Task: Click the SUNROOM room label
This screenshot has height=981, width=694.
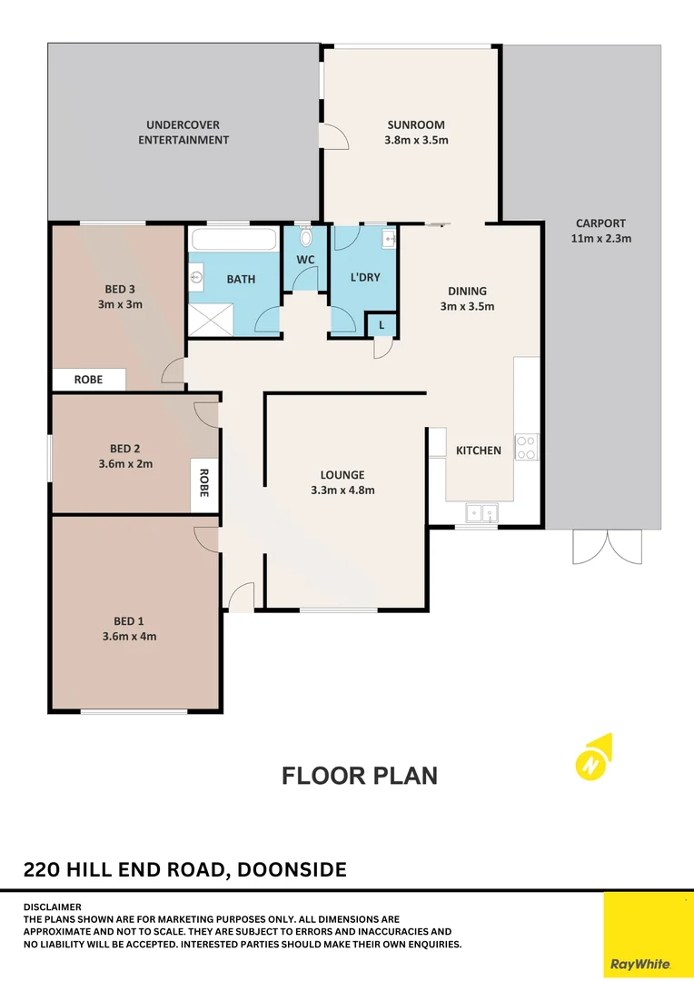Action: pyautogui.click(x=418, y=125)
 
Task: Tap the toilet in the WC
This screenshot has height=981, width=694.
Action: pyautogui.click(x=306, y=239)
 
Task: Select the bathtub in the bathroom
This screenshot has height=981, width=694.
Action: pyautogui.click(x=233, y=241)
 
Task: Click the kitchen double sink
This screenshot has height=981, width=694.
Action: pyautogui.click(x=480, y=513)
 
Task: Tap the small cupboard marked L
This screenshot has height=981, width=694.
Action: pyautogui.click(x=381, y=324)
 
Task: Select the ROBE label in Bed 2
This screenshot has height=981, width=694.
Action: pyautogui.click(x=204, y=483)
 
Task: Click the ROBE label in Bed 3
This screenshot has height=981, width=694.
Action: pyautogui.click(x=88, y=380)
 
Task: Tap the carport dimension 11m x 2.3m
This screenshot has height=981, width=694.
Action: pyautogui.click(x=600, y=238)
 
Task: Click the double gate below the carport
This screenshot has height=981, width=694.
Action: pyautogui.click(x=607, y=547)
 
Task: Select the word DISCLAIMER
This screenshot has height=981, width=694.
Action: pyautogui.click(x=53, y=907)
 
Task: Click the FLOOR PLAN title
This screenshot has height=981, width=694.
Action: pyautogui.click(x=360, y=776)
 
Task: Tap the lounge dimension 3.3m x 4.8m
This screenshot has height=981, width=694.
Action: pyautogui.click(x=342, y=490)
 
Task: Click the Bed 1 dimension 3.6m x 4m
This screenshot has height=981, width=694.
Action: pyautogui.click(x=128, y=636)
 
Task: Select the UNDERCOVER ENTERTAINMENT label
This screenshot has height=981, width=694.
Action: pyautogui.click(x=183, y=133)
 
